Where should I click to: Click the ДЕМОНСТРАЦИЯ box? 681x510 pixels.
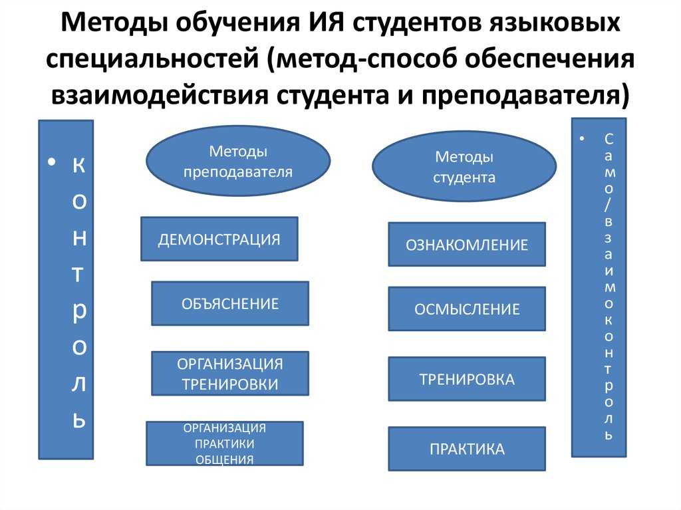[219, 239]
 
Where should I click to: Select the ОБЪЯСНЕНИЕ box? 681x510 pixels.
[230, 304]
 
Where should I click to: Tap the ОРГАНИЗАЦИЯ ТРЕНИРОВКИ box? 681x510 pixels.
[230, 374]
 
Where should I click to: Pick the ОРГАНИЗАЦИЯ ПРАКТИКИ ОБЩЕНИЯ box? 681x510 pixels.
[225, 444]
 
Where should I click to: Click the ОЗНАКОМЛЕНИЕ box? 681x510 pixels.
[467, 245]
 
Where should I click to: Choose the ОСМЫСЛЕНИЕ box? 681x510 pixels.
[467, 309]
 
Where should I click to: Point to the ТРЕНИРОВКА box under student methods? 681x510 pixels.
[467, 380]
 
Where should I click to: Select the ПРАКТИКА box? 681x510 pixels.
[467, 449]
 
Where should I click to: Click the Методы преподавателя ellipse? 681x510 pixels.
[238, 162]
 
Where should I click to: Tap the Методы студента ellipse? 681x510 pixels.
[464, 167]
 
